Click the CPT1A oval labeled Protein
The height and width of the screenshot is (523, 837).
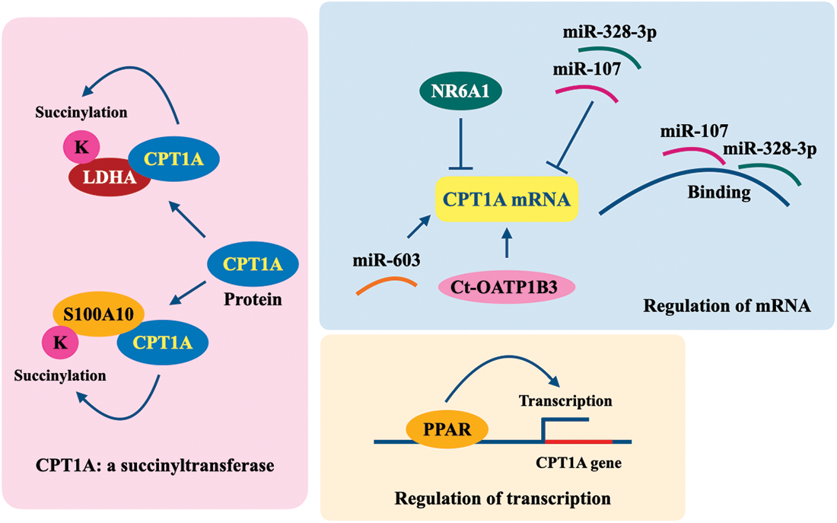coord(253,265)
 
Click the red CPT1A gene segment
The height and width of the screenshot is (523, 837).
coord(578,441)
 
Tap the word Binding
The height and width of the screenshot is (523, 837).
coord(718,193)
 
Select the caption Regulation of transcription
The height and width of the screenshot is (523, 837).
coord(502,499)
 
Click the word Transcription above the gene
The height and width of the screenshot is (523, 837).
coord(565,400)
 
